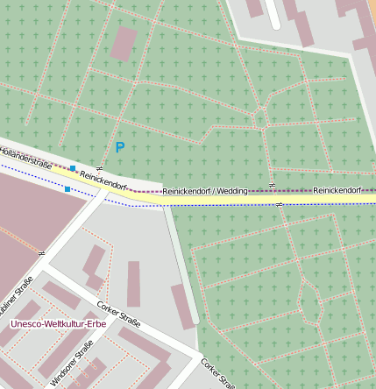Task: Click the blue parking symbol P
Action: click(119, 148)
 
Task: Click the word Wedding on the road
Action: click(232, 190)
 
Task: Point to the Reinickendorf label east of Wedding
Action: click(337, 190)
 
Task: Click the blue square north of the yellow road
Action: click(74, 168)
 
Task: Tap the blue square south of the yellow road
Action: click(67, 188)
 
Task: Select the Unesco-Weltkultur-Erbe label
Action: click(58, 323)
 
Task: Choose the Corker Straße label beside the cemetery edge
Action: click(217, 373)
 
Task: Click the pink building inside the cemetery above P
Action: click(124, 43)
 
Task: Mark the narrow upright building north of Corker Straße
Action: click(133, 284)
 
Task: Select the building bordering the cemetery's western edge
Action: click(182, 306)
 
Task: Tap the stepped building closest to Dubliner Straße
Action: click(94, 267)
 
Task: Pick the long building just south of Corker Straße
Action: click(145, 346)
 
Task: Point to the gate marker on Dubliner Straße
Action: click(41, 252)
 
